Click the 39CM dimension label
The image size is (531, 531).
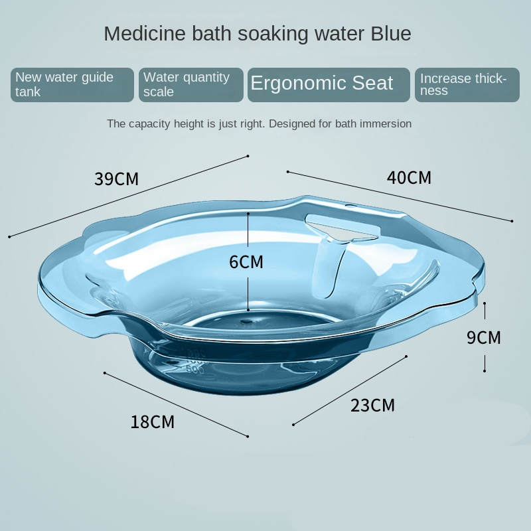tap(117, 179)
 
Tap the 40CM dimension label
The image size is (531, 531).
tap(409, 178)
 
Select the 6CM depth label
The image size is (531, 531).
tap(246, 262)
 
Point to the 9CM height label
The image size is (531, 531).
tap(484, 337)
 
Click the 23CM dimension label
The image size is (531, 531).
tap(372, 406)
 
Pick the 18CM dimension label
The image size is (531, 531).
tap(153, 422)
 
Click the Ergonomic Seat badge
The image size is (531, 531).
tap(329, 85)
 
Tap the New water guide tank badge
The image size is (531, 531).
tap(72, 85)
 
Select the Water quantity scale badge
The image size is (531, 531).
tap(191, 85)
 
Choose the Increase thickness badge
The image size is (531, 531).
tap(467, 85)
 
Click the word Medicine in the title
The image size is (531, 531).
tap(145, 34)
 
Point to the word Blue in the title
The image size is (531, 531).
tap(391, 34)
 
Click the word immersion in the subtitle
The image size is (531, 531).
tap(386, 123)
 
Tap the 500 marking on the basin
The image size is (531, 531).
tap(195, 370)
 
